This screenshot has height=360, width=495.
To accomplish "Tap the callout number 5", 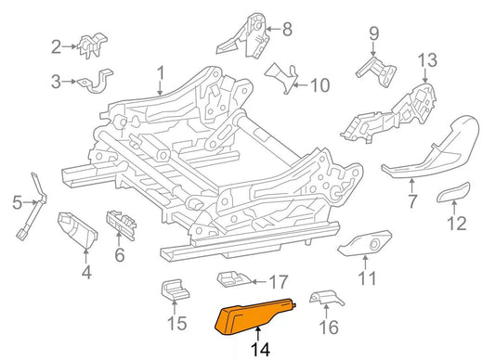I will coord(16,201).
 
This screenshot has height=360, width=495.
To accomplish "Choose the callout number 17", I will coord(279,281).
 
